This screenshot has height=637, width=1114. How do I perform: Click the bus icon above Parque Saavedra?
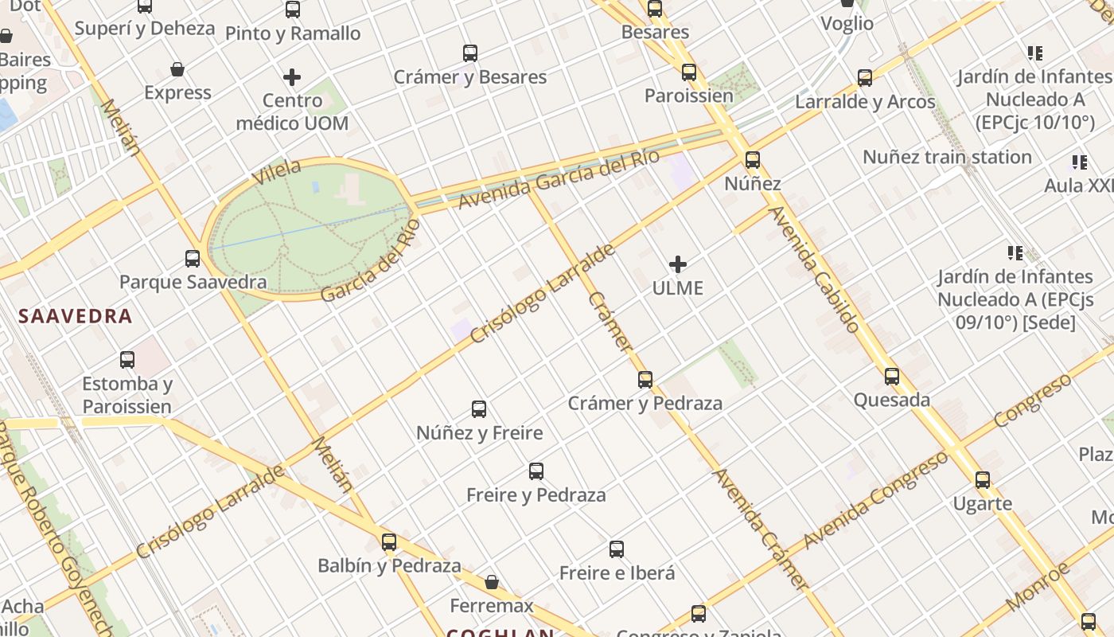pyautogui.click(x=193, y=258)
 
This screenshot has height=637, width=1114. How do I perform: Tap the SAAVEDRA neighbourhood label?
pyautogui.click(x=75, y=316)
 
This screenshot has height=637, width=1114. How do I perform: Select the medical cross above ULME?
pyautogui.click(x=678, y=264)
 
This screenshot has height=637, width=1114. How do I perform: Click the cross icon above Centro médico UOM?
pyautogui.click(x=292, y=77)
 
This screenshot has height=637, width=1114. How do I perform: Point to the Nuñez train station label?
pyautogui.click(x=947, y=157)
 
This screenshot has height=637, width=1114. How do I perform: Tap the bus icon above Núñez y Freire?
pyautogui.click(x=479, y=409)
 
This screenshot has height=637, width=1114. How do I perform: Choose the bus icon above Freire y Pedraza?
pyautogui.click(x=536, y=471)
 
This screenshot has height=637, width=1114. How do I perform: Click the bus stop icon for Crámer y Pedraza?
pyautogui.click(x=645, y=380)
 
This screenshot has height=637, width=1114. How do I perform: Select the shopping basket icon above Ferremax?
pyautogui.click(x=492, y=582)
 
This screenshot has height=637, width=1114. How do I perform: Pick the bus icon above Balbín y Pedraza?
pyautogui.click(x=389, y=542)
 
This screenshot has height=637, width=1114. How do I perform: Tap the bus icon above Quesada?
pyautogui.click(x=892, y=377)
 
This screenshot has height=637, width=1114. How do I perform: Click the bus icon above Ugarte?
pyautogui.click(x=983, y=480)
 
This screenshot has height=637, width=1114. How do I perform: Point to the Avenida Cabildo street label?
pyautogui.click(x=815, y=269)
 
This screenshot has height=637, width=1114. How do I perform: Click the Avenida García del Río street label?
pyautogui.click(x=559, y=178)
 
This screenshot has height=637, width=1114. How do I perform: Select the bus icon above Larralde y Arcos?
pyautogui.click(x=865, y=78)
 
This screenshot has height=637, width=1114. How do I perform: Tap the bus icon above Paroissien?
pyautogui.click(x=689, y=72)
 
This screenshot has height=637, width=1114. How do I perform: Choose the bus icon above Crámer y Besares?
pyautogui.click(x=470, y=53)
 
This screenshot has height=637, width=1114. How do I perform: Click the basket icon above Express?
pyautogui.click(x=177, y=69)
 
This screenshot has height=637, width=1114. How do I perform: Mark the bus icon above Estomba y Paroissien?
pyautogui.click(x=127, y=360)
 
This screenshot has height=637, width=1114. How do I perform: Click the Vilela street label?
pyautogui.click(x=276, y=172)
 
